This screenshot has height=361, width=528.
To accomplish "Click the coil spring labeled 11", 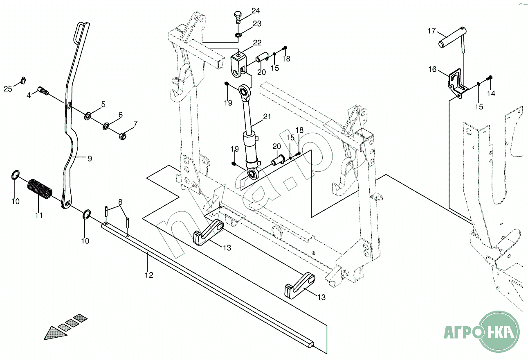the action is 40,189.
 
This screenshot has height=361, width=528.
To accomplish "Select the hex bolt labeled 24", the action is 238,17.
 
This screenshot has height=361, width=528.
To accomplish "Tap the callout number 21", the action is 267,117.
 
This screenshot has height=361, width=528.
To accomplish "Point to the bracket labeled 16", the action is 457,84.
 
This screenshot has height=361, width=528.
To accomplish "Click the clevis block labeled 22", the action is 239,65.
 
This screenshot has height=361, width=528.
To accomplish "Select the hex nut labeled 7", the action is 123,136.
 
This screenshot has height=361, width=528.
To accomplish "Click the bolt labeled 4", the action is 43,91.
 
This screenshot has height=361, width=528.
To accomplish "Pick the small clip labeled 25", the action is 23,80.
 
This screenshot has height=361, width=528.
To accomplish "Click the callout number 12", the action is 149,275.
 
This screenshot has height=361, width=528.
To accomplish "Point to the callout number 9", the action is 90,159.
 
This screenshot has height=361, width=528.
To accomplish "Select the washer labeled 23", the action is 238,35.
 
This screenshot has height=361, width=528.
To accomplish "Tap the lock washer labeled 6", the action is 106,126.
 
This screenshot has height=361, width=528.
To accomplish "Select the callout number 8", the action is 120,202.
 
